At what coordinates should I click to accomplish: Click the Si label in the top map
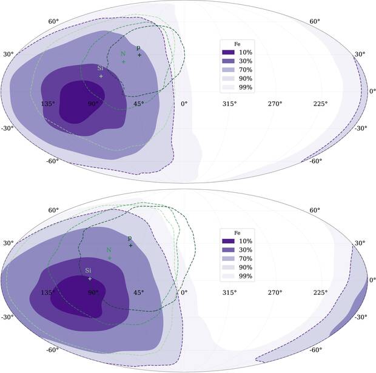(x=100, y=69)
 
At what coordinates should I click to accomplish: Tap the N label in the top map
(x=123, y=53)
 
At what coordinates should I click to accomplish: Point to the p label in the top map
(x=138, y=48)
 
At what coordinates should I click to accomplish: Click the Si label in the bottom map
(x=88, y=271)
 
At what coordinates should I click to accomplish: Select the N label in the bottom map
(x=109, y=250)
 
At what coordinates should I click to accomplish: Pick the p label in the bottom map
(x=129, y=238)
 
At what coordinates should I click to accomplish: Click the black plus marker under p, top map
(x=139, y=56)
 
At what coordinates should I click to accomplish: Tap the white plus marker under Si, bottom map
(x=90, y=279)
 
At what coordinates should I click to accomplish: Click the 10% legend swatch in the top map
(x=229, y=53)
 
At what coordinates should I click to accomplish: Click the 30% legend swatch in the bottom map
(x=229, y=250)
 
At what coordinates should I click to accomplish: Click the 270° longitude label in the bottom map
(x=275, y=292)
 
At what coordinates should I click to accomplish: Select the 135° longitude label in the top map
(x=48, y=104)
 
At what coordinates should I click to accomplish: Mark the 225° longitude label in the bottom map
(x=320, y=292)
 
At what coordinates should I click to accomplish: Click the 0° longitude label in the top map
(x=184, y=104)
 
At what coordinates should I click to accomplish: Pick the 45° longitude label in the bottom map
(x=138, y=292)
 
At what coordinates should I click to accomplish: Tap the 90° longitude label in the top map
(x=93, y=104)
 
